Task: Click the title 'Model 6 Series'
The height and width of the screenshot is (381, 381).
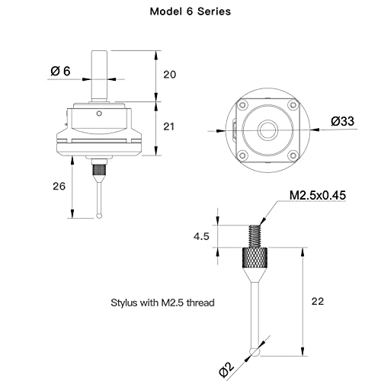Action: tap(190, 11)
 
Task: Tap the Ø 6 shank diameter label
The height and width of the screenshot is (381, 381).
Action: tap(60, 71)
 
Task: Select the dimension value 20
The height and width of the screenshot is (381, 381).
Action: tap(169, 75)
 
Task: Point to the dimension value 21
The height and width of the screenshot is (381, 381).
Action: tap(169, 126)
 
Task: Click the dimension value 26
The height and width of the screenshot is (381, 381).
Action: tap(59, 186)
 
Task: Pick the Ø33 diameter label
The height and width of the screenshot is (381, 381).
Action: tap(342, 121)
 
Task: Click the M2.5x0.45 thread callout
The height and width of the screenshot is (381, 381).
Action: tap(318, 195)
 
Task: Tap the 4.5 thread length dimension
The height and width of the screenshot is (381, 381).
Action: tap(201, 236)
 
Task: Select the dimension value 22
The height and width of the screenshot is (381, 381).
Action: tap(318, 301)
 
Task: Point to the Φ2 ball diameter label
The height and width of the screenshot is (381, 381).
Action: tap(226, 370)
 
